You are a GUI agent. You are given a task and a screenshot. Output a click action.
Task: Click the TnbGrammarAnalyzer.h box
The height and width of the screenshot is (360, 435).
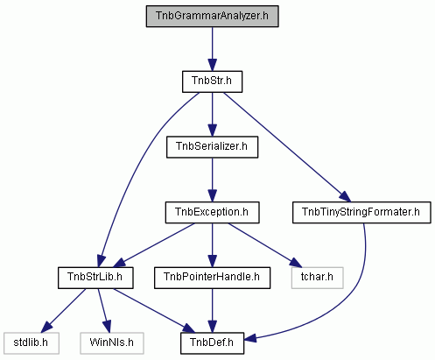[212, 17]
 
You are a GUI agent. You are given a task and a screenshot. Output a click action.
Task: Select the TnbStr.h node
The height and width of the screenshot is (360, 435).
[212, 81]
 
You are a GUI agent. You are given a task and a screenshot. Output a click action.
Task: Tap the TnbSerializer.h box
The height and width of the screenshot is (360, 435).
[212, 147]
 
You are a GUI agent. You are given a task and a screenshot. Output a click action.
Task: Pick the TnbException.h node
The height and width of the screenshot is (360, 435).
[212, 213]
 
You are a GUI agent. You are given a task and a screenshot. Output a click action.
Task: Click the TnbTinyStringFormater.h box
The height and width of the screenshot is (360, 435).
[361, 213]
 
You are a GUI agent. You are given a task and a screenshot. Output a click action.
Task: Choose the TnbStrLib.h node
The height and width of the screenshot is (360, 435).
[95, 278]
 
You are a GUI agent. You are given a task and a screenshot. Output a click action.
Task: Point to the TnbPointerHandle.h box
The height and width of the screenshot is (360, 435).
[212, 278]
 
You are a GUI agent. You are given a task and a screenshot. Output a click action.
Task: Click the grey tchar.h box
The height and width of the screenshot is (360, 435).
[317, 278]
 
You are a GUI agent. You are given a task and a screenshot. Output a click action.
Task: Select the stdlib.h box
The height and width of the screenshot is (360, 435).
[32, 343]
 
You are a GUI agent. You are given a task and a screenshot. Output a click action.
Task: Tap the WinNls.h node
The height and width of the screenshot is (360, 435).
[112, 343]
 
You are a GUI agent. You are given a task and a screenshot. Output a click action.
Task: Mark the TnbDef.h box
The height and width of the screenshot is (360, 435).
[212, 343]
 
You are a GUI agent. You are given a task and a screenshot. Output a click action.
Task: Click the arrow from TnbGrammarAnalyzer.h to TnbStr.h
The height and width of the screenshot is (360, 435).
[212, 49]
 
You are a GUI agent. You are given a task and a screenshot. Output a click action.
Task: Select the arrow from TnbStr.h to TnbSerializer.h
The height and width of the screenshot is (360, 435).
[212, 115]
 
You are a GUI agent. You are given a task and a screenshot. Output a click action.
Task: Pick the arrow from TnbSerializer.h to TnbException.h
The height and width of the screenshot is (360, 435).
[212, 180]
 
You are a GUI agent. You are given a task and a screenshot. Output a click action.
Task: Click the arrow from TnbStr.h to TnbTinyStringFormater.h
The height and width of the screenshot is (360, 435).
[286, 146]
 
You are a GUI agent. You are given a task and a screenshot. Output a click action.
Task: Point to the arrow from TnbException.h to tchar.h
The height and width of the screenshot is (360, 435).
[264, 244]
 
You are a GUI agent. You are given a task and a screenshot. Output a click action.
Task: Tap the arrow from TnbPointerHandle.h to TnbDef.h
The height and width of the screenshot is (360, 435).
[212, 311]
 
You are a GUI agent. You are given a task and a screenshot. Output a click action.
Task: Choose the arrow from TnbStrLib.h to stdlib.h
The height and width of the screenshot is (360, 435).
[63, 311]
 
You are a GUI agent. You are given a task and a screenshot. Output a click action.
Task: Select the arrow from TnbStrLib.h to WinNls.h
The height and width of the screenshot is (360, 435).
[104, 311]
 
